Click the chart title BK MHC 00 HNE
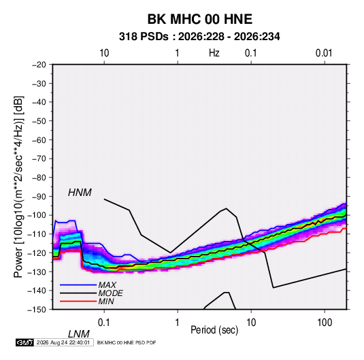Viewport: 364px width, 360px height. coord(200,19)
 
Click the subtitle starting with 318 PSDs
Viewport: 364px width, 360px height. coord(199,37)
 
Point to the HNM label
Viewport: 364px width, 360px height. coord(80,193)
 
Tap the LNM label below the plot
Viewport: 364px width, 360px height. coord(78,334)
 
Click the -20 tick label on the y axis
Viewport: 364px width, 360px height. coord(39,65)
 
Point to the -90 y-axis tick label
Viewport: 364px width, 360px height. coord(39,197)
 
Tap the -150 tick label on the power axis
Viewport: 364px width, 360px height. coord(37,310)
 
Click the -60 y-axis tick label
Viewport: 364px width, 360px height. coord(39,140)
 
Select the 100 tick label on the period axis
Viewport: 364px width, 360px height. coord(325,323)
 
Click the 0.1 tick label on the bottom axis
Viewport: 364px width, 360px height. coord(104,323)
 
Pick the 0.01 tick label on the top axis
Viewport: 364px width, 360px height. coord(324,53)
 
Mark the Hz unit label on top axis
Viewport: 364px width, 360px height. coord(214,53)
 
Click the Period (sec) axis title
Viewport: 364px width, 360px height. coord(214,330)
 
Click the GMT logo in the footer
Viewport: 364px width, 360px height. coord(24,342)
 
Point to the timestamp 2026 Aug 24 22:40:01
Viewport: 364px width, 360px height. coord(63,342)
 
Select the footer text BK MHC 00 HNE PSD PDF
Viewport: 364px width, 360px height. coord(127,342)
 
